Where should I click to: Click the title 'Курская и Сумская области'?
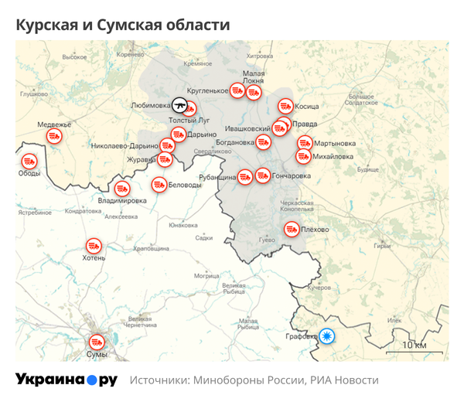click(x=123, y=25)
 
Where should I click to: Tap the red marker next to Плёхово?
click(x=292, y=229)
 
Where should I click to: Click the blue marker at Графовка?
click(x=328, y=336)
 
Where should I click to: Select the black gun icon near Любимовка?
click(x=179, y=104)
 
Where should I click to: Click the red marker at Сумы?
click(x=97, y=341)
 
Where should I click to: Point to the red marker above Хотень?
click(x=94, y=246)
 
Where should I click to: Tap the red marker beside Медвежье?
click(x=54, y=136)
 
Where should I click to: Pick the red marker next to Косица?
click(x=285, y=106)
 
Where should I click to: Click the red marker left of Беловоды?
click(x=159, y=185)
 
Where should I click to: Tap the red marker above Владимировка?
click(x=121, y=189)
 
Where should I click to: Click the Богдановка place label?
click(x=235, y=142)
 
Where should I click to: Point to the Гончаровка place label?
click(x=292, y=176)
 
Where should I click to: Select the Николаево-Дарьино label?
click(x=124, y=145)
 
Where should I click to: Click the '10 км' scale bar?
click(x=414, y=346)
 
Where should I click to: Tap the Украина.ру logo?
click(x=67, y=380)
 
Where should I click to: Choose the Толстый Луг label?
click(x=189, y=121)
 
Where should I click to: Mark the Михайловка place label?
click(x=333, y=156)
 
